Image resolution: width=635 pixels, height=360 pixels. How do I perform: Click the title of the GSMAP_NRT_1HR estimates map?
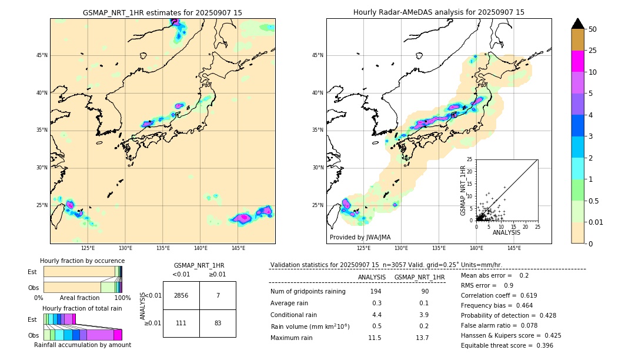162,12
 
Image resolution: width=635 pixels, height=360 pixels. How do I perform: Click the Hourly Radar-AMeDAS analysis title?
439,12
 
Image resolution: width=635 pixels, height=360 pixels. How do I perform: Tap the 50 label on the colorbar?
593,29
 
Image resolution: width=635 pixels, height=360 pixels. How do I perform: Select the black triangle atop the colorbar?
578,24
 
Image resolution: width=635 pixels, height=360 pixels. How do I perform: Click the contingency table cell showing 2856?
181,295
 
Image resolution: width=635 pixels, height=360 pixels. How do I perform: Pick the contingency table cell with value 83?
218,323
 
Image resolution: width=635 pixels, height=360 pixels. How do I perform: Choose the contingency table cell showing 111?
181,323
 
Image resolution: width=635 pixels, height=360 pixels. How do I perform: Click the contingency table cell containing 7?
218,295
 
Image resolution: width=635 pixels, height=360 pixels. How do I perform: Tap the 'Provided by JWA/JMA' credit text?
360,237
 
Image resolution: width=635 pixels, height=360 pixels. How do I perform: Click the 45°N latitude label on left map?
42,55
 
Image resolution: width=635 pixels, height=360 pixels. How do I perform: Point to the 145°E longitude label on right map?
514,248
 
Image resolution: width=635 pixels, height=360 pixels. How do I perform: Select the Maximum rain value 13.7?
422,338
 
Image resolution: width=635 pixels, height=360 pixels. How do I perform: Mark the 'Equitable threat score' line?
507,345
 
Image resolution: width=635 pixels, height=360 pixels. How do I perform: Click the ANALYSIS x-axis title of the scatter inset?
506,233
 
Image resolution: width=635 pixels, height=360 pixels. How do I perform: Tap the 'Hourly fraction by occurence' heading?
82,261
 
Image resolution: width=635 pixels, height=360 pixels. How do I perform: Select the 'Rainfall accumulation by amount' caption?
82,345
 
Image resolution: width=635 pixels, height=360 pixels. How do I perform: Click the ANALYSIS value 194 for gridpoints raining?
376,292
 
